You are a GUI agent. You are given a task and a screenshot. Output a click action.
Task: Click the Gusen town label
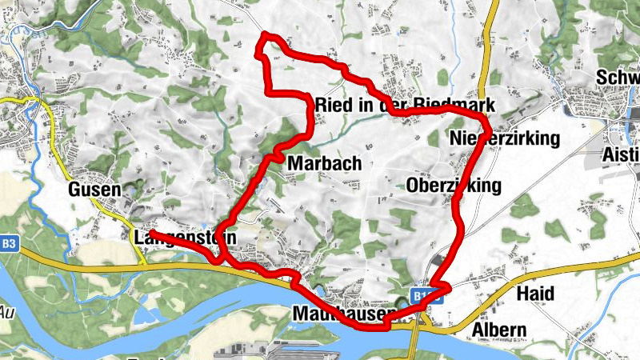94,190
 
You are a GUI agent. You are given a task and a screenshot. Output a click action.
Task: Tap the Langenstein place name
186,238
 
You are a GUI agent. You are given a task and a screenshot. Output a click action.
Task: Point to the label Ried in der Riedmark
406,105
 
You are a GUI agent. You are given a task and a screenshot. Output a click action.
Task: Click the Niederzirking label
504,138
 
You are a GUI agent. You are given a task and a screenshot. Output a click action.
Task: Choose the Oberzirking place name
454,186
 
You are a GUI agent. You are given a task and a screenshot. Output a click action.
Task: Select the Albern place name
499,330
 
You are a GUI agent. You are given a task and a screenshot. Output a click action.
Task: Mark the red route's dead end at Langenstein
150,234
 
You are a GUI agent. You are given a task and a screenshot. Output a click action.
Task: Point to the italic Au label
7,311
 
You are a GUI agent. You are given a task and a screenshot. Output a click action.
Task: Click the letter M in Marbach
294,163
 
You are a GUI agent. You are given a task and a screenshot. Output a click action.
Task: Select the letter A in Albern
478,330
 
